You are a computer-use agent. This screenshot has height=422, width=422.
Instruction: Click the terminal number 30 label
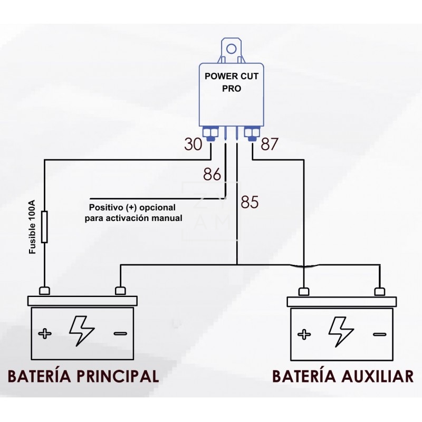(x=194, y=144)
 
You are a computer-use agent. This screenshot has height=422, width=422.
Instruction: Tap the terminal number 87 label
(x=268, y=144)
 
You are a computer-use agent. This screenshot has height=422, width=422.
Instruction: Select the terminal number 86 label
(x=212, y=174)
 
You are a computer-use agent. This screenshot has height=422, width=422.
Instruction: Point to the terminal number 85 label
(x=250, y=202)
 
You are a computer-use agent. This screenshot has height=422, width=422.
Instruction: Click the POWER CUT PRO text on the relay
(x=232, y=82)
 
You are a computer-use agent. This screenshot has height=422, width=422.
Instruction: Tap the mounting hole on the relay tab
(x=232, y=50)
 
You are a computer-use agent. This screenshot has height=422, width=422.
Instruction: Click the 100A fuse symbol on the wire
(x=44, y=227)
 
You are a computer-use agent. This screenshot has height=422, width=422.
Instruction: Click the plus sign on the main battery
(x=45, y=333)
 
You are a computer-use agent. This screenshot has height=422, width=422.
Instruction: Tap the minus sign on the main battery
(x=121, y=333)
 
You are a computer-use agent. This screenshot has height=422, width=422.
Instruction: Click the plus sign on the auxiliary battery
(x=304, y=333)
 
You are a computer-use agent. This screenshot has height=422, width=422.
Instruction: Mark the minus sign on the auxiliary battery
(x=379, y=333)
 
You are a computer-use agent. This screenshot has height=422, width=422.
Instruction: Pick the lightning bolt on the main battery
(x=81, y=331)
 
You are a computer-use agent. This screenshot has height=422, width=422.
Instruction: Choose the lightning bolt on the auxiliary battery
(x=340, y=331)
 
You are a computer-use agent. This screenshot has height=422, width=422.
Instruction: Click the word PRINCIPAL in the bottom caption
(x=118, y=376)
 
